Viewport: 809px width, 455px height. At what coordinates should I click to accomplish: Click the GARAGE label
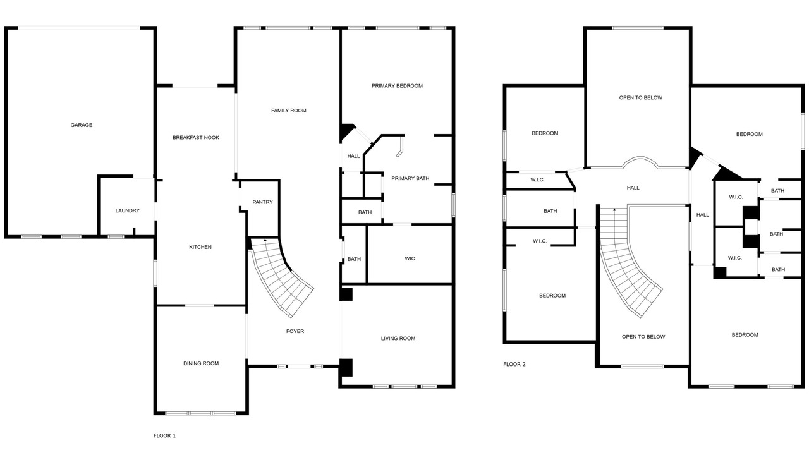pyautogui.click(x=82, y=125)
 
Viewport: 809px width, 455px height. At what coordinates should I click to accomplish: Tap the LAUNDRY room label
pyautogui.click(x=127, y=210)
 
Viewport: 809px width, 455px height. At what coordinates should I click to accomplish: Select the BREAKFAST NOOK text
pyautogui.click(x=196, y=138)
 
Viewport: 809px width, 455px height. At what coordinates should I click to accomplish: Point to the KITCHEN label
pyautogui.click(x=200, y=247)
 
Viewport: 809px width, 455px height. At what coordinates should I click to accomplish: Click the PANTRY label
pyautogui.click(x=262, y=202)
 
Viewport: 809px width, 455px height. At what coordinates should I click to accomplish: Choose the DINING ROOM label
pyautogui.click(x=201, y=363)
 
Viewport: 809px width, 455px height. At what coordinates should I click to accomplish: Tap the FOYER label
pyautogui.click(x=295, y=331)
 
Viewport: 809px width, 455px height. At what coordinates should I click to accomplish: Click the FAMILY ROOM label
pyautogui.click(x=289, y=111)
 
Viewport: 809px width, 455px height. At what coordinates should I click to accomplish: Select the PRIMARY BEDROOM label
pyautogui.click(x=397, y=86)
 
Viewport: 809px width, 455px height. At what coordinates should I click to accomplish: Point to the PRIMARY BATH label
pyautogui.click(x=410, y=178)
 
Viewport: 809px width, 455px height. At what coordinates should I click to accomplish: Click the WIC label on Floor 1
pyautogui.click(x=410, y=258)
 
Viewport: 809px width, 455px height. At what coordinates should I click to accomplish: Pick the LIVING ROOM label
pyautogui.click(x=398, y=338)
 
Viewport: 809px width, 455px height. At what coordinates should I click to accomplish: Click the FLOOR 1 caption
pyautogui.click(x=164, y=436)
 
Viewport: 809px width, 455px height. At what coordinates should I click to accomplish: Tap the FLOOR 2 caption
pyautogui.click(x=514, y=365)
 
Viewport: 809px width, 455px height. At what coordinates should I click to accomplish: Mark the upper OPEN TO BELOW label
pyautogui.click(x=641, y=98)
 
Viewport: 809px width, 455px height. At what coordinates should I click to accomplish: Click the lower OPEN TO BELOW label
pyautogui.click(x=643, y=337)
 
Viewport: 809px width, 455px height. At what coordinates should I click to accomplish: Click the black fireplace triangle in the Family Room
pyautogui.click(x=346, y=131)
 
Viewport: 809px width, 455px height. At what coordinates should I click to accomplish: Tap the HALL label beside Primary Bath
pyautogui.click(x=353, y=156)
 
